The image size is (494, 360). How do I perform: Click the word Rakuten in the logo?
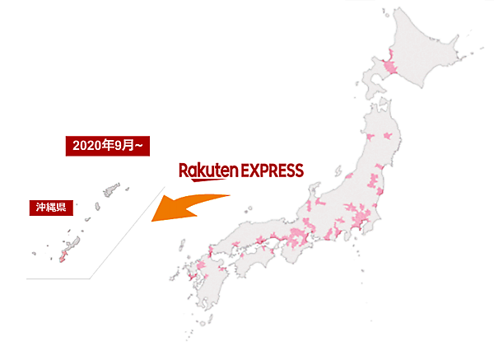[208, 171]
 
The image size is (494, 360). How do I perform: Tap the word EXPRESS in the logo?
[273, 171]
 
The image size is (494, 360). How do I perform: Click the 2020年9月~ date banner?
[108, 146]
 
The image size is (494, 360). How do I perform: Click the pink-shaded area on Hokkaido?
[389, 67]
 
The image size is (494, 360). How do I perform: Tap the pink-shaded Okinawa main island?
[58, 256]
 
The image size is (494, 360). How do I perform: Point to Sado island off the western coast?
[340, 170]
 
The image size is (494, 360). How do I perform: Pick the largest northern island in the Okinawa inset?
[105, 190]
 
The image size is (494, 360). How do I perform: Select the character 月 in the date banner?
[129, 146]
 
